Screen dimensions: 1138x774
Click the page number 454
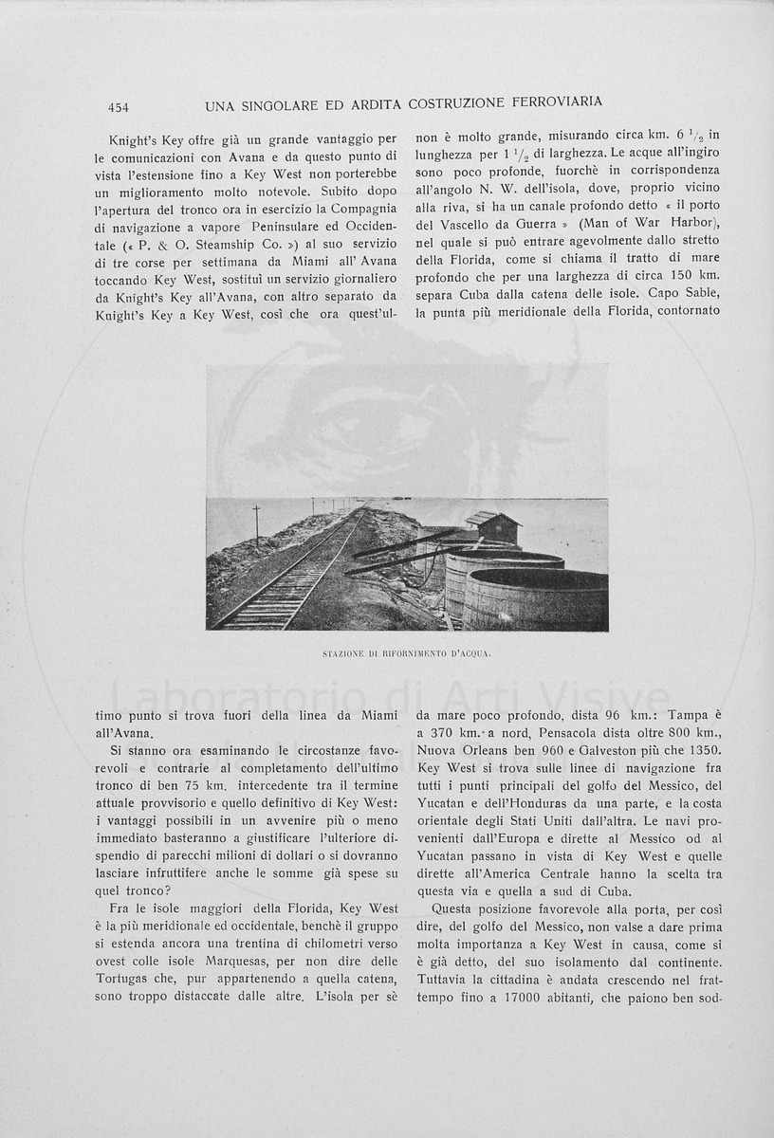[119, 107]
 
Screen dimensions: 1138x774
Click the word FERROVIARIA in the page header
[558, 101]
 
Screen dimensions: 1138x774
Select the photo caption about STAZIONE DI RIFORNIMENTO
[407, 654]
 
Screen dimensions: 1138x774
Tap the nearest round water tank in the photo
[536, 599]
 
